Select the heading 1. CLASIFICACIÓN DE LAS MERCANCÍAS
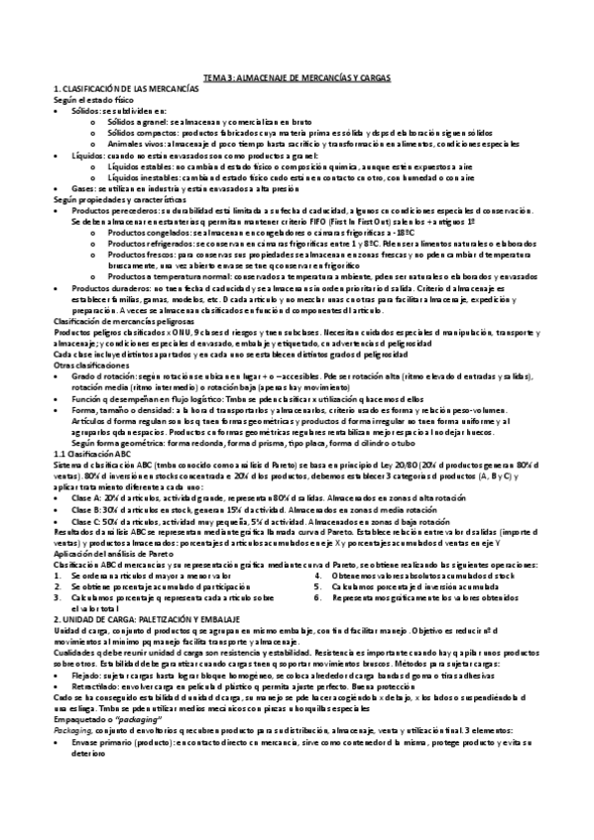pos(114,87)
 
